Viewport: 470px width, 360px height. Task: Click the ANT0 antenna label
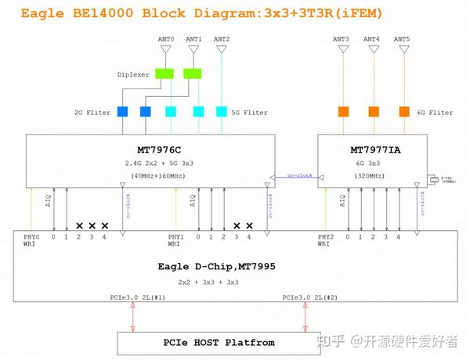166,39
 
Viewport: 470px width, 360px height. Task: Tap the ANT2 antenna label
222,39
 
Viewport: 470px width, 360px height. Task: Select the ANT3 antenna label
341,39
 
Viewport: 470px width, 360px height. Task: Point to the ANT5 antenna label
402,39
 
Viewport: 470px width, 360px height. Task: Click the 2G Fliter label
90,112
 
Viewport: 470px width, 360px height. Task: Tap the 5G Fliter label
249,112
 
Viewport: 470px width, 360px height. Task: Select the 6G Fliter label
435,112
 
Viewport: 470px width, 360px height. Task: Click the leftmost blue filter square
122,111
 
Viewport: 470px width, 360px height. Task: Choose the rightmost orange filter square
404,111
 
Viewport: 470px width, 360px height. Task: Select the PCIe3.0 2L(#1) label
137,297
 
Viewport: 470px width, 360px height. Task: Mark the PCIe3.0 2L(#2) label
309,297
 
